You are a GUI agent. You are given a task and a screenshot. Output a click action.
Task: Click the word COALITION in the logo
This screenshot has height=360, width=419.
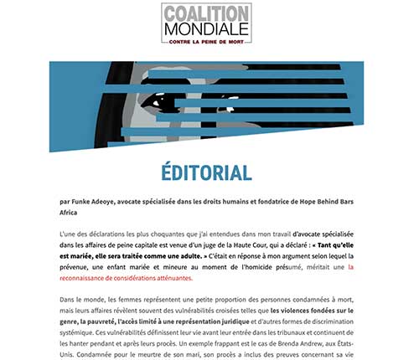click(x=205, y=13)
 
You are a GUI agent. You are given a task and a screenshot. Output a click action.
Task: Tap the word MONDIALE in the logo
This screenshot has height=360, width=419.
click(x=205, y=28)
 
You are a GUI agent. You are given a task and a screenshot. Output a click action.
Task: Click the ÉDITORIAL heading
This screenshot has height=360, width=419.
click(x=206, y=173)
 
